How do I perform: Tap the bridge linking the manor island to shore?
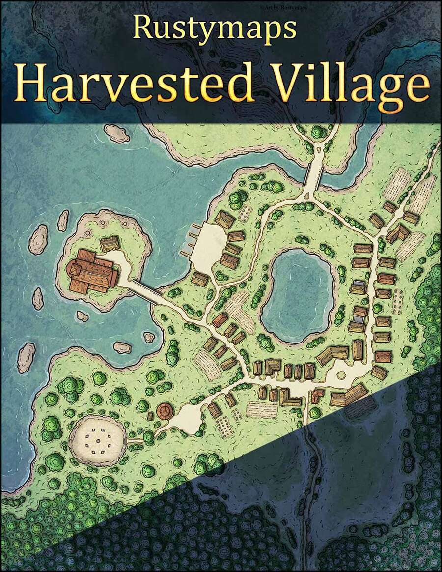[147, 292]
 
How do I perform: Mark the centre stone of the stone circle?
[100, 435]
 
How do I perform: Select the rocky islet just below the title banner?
[116, 133]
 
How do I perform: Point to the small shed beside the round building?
[150, 416]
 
